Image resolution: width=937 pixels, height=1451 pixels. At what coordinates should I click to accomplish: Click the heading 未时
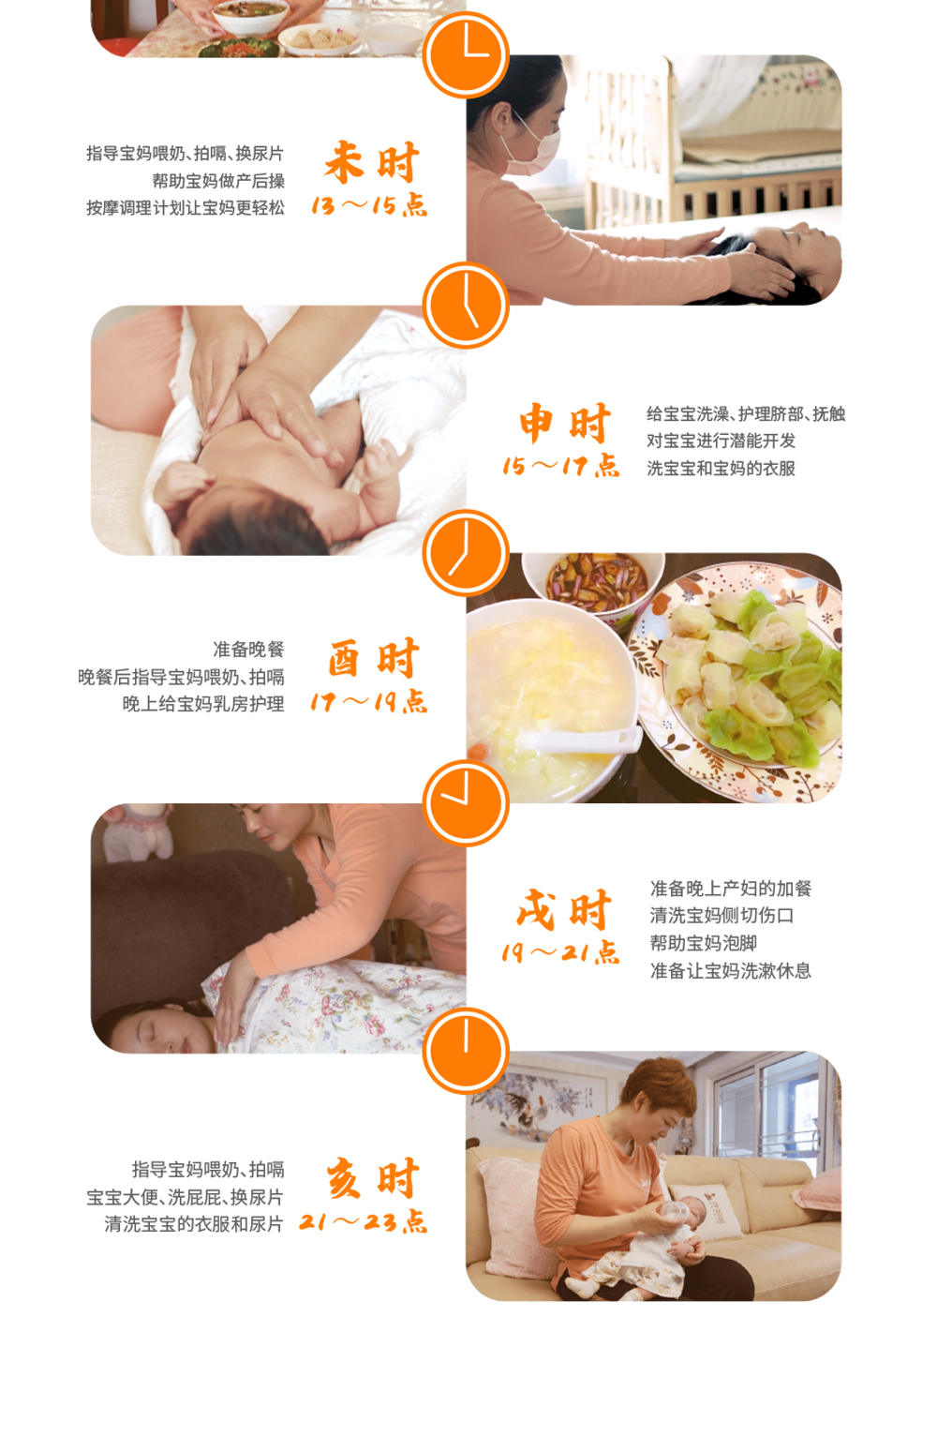tap(371, 162)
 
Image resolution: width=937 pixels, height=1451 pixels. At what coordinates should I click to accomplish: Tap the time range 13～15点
tap(368, 205)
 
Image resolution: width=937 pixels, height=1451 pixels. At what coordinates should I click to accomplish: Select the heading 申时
tap(564, 423)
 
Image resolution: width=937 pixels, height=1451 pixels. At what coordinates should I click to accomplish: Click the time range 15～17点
tap(560, 466)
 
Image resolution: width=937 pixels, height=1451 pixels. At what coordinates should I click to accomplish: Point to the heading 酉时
tap(372, 659)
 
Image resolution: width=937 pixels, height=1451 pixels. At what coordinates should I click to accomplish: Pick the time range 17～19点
tap(368, 702)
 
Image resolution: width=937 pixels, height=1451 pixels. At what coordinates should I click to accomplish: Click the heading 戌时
tap(563, 909)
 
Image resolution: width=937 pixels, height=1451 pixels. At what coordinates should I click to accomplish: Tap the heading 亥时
tap(372, 1178)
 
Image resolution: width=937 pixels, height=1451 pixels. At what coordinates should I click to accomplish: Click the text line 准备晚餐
tap(248, 649)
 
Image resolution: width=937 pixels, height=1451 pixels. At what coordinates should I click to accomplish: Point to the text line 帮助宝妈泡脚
tap(703, 943)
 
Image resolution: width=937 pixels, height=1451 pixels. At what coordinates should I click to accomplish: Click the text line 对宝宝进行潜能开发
tap(721, 441)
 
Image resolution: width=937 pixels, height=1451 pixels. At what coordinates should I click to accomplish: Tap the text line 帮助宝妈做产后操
tap(218, 181)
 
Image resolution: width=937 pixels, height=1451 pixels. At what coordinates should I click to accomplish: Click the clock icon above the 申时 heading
tap(466, 306)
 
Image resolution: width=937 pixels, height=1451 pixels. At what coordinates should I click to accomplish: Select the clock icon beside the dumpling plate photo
tap(466, 553)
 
